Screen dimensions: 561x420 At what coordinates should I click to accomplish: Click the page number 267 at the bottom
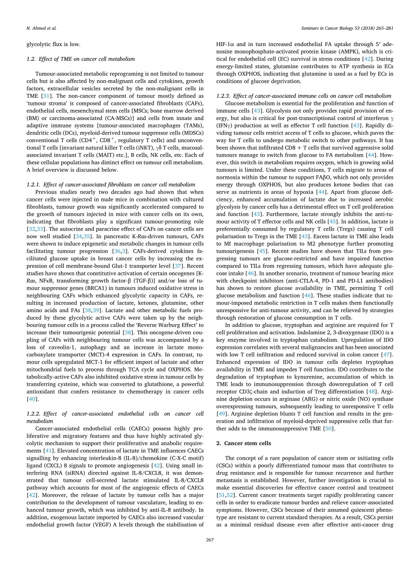pos(210,539)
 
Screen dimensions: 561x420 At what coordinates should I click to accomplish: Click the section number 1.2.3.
pos(224,96)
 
